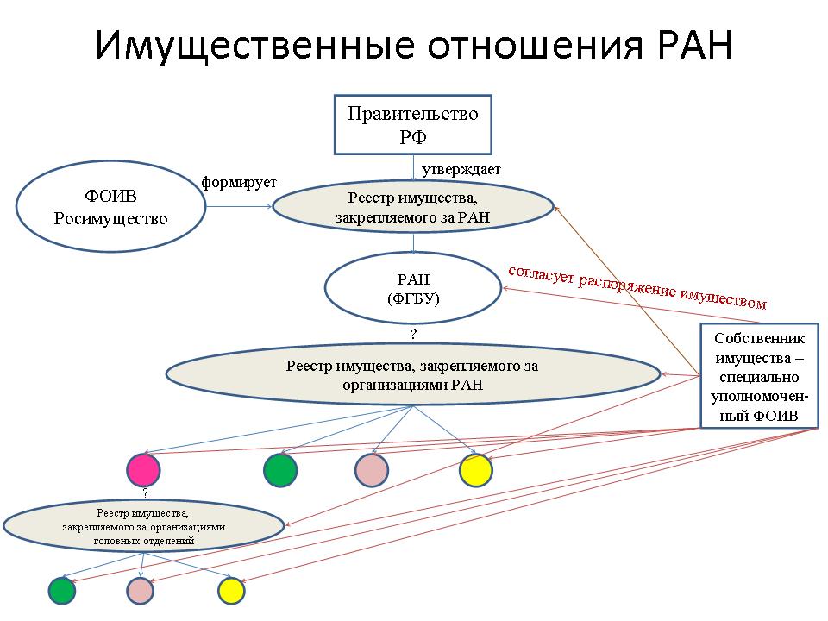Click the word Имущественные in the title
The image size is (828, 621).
(254, 46)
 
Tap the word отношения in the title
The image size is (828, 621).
(536, 46)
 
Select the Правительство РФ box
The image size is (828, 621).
(413, 124)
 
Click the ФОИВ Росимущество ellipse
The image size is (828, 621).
(110, 206)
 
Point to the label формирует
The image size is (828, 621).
(239, 183)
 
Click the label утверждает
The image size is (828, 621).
(461, 170)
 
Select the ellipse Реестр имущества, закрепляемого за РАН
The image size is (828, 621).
(412, 207)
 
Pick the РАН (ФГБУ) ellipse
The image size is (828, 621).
(413, 288)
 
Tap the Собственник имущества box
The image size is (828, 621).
(759, 376)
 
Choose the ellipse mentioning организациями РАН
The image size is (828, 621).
(413, 374)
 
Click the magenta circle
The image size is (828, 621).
(143, 469)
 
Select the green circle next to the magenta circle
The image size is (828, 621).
(280, 469)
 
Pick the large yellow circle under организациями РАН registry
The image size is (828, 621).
(476, 469)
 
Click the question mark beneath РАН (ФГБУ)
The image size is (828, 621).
(413, 334)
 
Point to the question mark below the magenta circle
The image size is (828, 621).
(145, 492)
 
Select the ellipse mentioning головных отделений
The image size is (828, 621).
(144, 526)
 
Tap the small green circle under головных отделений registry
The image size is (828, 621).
(62, 591)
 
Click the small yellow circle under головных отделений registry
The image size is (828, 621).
(231, 591)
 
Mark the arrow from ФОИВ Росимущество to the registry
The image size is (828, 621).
(239, 206)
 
